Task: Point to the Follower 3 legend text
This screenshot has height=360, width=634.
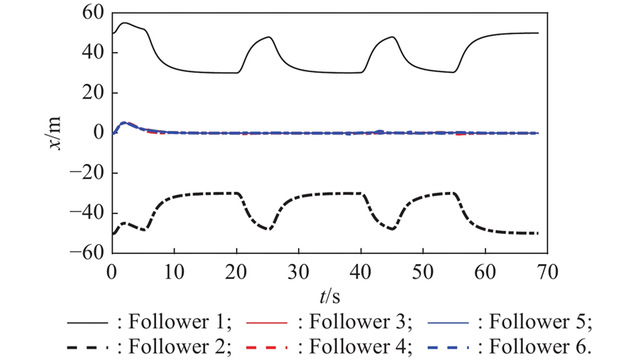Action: click(x=357, y=323)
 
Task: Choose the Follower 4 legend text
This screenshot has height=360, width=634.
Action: click(x=357, y=346)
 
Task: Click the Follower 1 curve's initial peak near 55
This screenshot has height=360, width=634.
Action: click(x=124, y=23)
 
